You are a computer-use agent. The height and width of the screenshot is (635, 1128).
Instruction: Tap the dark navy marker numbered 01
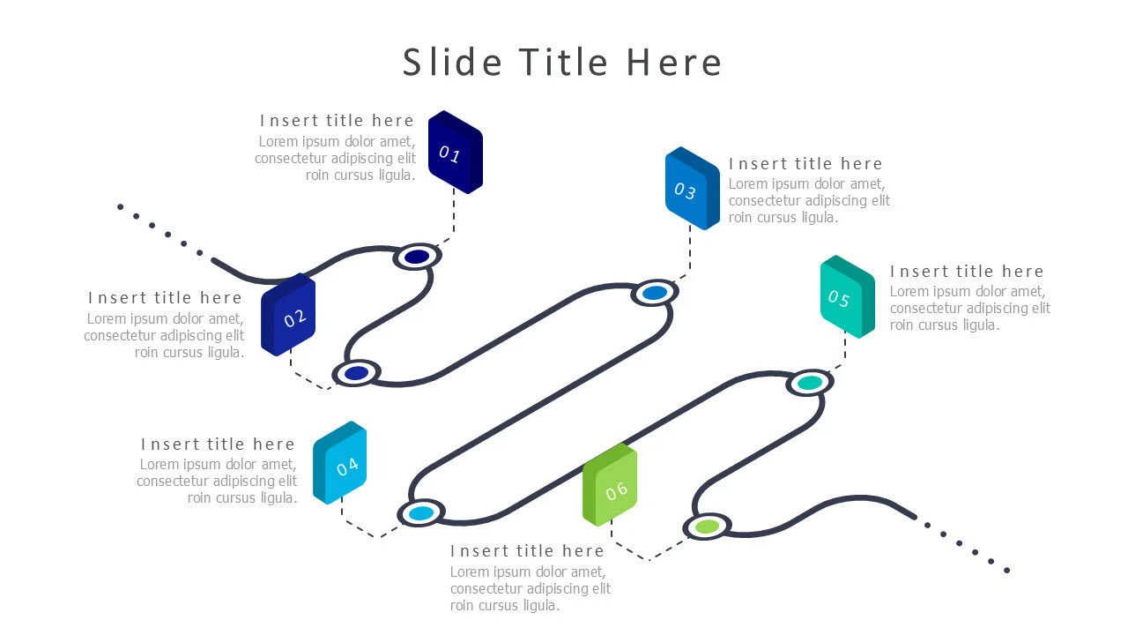[455, 153]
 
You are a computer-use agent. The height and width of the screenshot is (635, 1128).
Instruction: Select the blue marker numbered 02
[289, 315]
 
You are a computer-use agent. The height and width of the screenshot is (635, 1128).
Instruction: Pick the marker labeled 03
[692, 189]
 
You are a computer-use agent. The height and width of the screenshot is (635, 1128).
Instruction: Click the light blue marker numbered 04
[340, 463]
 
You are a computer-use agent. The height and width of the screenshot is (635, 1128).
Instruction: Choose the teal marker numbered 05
[847, 296]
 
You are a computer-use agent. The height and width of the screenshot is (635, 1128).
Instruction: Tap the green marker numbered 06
[610, 486]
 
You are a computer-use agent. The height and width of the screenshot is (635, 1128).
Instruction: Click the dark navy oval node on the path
[417, 257]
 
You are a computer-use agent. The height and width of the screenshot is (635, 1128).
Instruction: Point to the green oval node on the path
[707, 527]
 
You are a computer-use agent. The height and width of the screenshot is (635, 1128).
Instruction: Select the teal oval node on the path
[809, 383]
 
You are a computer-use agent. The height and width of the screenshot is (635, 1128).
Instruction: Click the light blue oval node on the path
[421, 512]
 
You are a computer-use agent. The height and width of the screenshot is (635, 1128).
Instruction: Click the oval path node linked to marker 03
[654, 293]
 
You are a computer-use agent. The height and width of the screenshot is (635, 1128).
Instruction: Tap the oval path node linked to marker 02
[356, 373]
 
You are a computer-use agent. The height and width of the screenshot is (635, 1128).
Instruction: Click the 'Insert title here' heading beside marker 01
[337, 121]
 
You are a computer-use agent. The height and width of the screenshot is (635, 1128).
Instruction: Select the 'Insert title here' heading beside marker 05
[967, 272]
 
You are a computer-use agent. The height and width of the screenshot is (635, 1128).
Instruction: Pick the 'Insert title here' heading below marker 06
[527, 551]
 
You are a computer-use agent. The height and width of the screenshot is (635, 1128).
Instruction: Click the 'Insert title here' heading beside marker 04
[218, 444]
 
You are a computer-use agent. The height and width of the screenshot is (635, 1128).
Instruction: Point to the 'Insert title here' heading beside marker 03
[805, 164]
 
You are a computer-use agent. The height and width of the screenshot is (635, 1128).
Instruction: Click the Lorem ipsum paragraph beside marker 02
[165, 336]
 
